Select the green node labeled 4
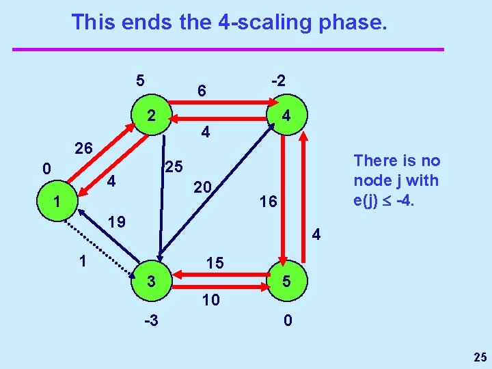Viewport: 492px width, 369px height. pyautogui.click(x=288, y=115)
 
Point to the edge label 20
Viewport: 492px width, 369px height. pyautogui.click(x=202, y=187)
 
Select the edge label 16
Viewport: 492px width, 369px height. pyautogui.click(x=269, y=202)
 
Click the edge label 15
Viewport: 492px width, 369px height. pyautogui.click(x=215, y=262)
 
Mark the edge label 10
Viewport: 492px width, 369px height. pyautogui.click(x=211, y=299)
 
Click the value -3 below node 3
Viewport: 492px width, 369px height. pyautogui.click(x=151, y=320)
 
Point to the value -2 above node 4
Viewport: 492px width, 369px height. pyautogui.click(x=278, y=80)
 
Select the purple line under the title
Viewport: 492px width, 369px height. pyautogui.click(x=228, y=49)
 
